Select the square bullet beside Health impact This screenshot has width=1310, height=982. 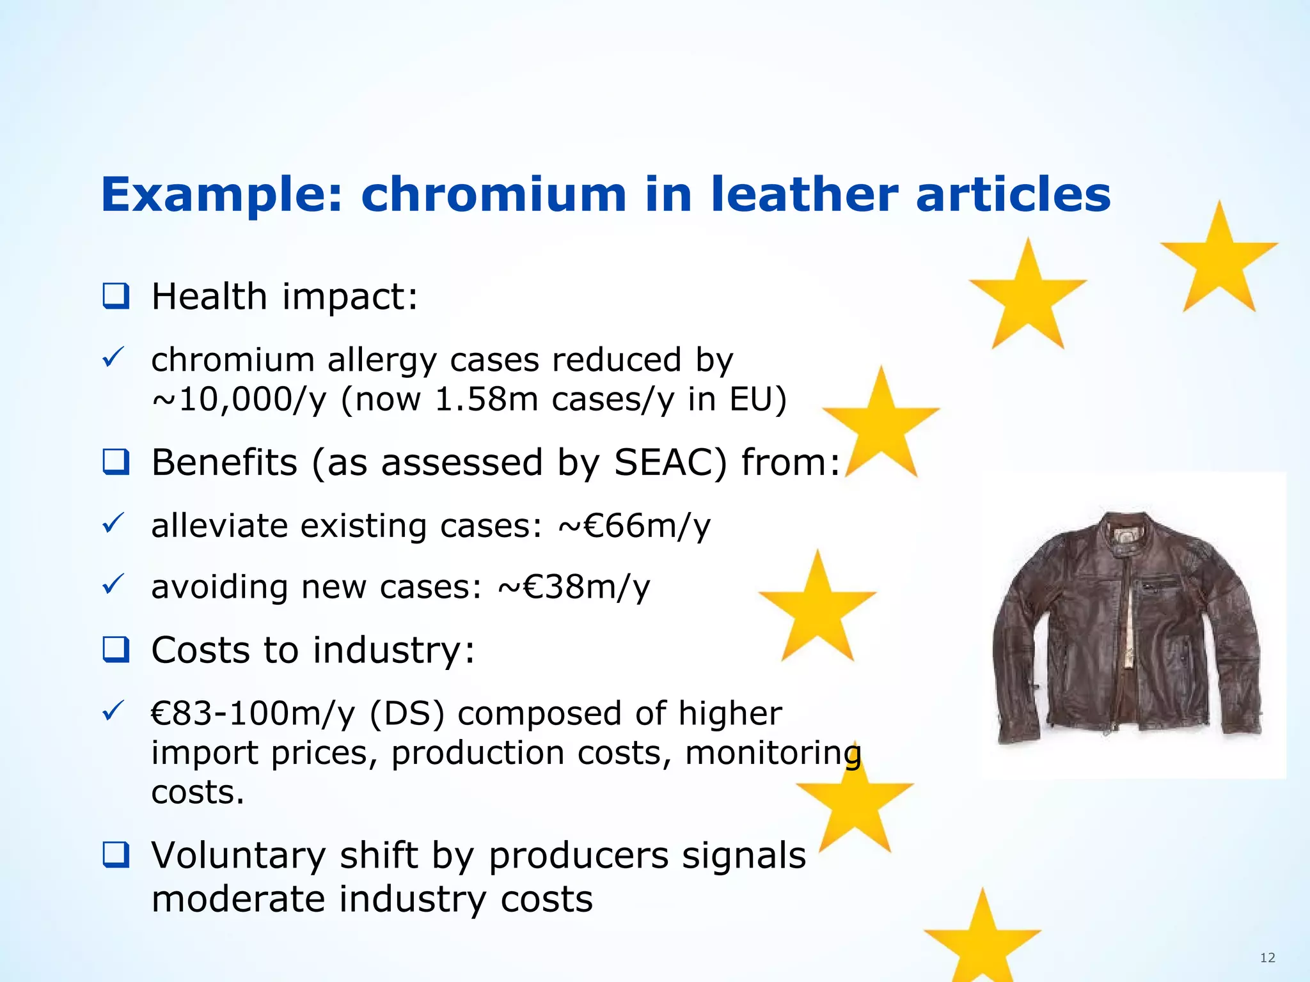click(x=116, y=297)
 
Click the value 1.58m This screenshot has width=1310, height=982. click(x=486, y=400)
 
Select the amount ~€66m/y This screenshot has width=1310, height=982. click(x=634, y=526)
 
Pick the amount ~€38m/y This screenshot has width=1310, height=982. click(x=573, y=587)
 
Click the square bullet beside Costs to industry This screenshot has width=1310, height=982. click(x=116, y=650)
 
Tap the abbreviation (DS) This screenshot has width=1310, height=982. click(x=407, y=713)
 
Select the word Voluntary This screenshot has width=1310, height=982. click(x=238, y=855)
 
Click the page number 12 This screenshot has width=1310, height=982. click(x=1267, y=957)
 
